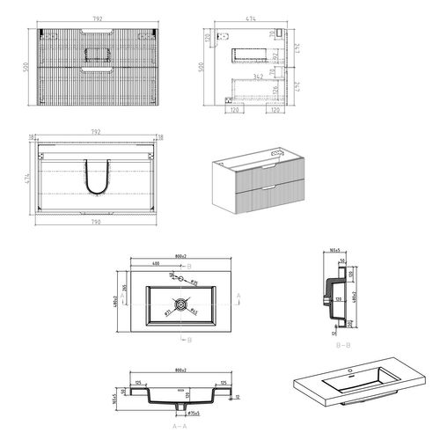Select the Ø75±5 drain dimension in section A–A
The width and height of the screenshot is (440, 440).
coord(194,411)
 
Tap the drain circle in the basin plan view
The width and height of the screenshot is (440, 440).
coord(181,305)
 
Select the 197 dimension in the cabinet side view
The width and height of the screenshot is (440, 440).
coord(275,57)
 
